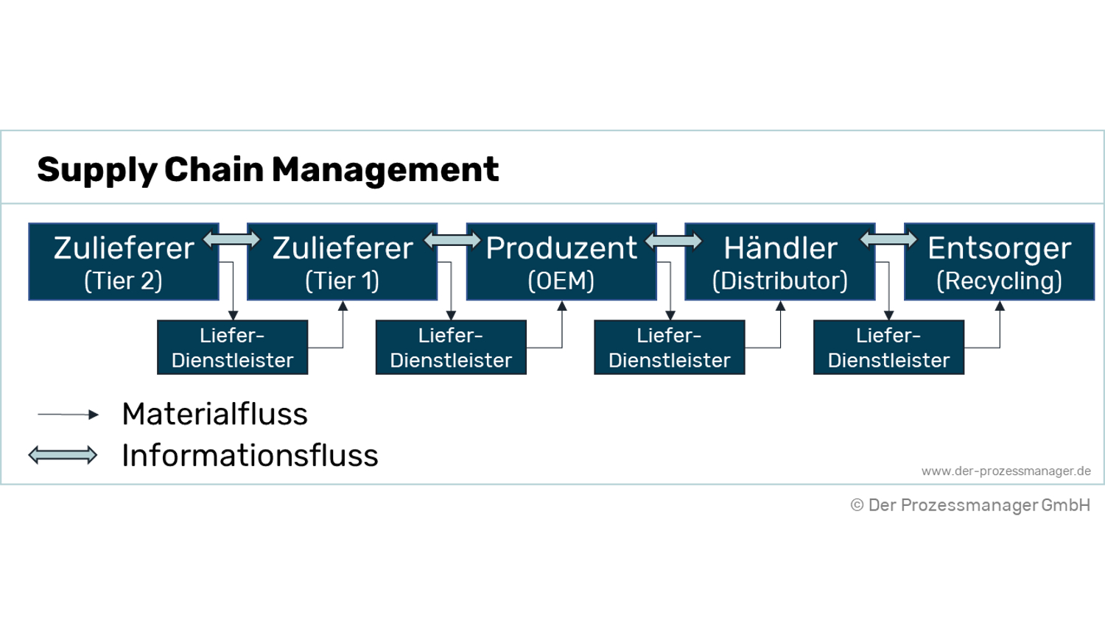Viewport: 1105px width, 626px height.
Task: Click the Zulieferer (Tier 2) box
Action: point(124,262)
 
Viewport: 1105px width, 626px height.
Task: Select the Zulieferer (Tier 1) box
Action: point(342,262)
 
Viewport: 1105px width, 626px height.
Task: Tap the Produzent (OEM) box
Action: point(561,262)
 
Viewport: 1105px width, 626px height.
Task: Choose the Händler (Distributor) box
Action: point(780,262)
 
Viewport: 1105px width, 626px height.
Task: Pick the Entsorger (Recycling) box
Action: point(999,262)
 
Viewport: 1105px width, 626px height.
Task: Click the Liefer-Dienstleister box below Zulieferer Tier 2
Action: point(232,348)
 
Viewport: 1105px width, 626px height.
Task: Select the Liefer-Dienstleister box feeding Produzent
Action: point(451,348)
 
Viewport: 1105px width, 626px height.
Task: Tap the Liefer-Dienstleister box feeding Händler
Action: point(669,348)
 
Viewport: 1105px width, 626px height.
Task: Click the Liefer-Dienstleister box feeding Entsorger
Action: point(888,348)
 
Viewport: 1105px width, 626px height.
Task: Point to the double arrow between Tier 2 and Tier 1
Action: point(232,239)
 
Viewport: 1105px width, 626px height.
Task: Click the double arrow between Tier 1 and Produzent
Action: point(452,240)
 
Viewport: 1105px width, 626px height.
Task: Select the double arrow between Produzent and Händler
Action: point(673,241)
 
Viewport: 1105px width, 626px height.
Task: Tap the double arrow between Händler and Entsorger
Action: point(888,239)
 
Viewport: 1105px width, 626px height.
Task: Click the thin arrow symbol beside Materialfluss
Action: point(68,415)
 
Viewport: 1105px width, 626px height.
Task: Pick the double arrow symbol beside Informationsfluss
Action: point(63,455)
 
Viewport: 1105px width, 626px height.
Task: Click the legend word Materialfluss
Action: point(214,414)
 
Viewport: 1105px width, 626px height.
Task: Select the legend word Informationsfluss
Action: point(250,455)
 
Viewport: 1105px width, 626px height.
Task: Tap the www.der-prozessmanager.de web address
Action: point(1006,471)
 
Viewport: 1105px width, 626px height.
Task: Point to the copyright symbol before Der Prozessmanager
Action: point(857,505)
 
